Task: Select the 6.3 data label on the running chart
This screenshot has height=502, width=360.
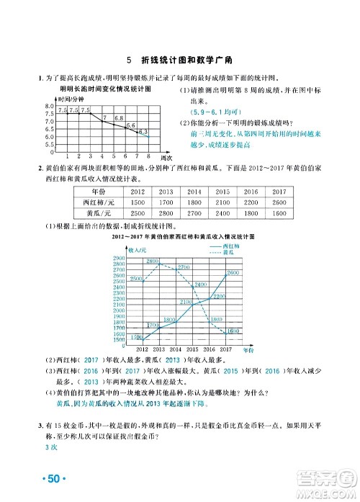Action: pyautogui.click(x=143, y=131)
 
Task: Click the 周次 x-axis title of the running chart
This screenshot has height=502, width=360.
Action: pyautogui.click(x=166, y=156)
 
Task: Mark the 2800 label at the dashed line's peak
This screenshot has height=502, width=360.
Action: pyautogui.click(x=153, y=261)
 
